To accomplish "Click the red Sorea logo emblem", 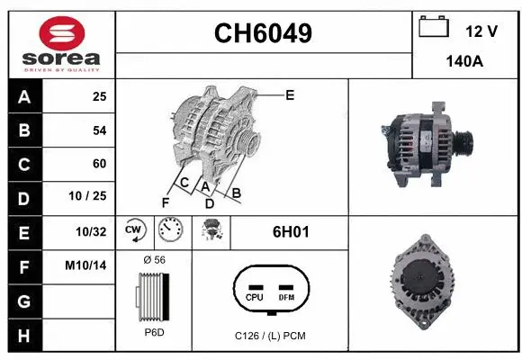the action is point(62,33).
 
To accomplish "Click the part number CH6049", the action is point(263,33).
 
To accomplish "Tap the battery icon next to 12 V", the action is point(434,26).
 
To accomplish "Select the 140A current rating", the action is point(464,61).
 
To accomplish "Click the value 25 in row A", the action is point(100,96).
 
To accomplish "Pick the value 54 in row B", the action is point(100,130).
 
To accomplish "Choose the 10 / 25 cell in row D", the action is point(87,196).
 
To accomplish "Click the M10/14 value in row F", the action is point(85,265).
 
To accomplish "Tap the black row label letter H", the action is point(24,336).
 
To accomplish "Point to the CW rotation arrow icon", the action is point(135,230).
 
